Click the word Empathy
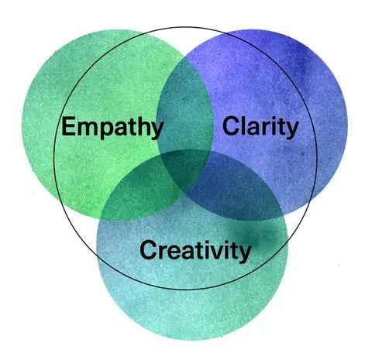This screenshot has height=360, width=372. [112, 128]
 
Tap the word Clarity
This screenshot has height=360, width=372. [260, 127]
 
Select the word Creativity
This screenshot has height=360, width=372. [195, 251]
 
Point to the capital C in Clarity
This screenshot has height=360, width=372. [231, 126]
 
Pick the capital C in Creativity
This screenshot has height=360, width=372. [149, 250]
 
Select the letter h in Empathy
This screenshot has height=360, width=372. [142, 126]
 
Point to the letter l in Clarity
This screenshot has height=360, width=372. [244, 126]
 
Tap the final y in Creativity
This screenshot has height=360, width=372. [245, 255]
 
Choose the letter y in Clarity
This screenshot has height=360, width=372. [291, 130]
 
